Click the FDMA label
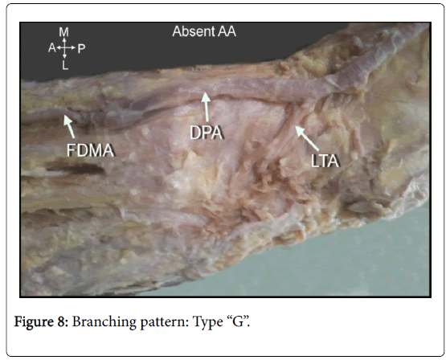click(91, 150)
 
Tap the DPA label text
click(207, 133)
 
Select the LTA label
click(325, 161)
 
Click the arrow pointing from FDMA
click(69, 126)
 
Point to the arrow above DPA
click(207, 107)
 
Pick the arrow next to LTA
click(307, 138)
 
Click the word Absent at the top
click(194, 31)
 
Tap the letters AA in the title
click(227, 31)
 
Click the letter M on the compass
click(64, 32)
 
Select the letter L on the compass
click(65, 66)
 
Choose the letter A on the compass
click(51, 48)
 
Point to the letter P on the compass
click(81, 49)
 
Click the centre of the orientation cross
click(65, 48)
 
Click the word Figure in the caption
click(34, 322)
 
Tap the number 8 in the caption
click(63, 321)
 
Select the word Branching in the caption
click(104, 322)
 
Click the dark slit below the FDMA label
click(76, 169)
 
